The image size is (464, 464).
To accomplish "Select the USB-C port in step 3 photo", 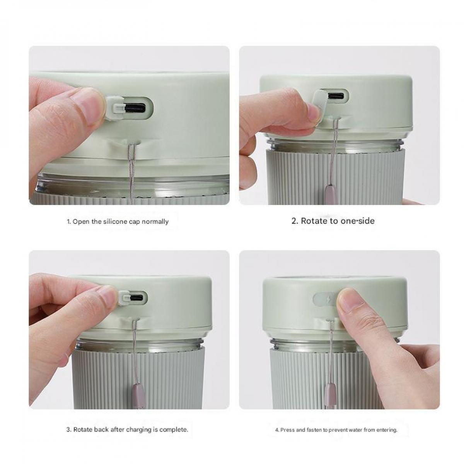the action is coord(138,298).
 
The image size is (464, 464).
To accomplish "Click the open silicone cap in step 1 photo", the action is coord(114,107).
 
